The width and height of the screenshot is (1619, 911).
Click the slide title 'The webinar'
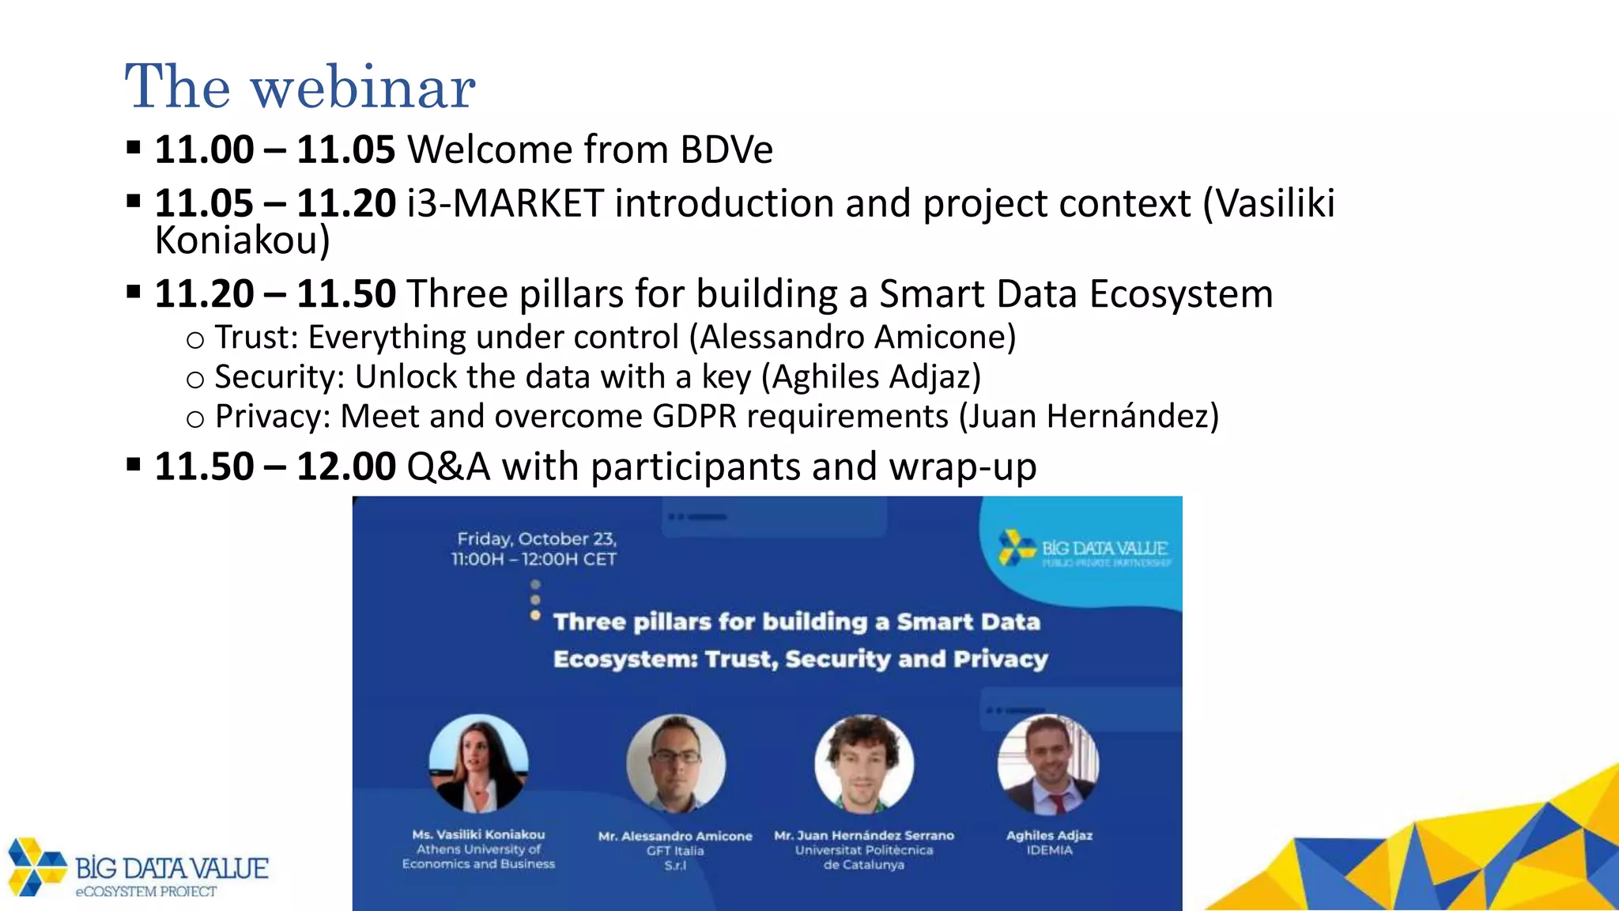300,86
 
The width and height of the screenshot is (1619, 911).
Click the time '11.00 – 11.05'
274,149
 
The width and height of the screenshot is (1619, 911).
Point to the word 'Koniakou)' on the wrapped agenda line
242,240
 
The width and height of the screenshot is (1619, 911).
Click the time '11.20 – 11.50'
274,294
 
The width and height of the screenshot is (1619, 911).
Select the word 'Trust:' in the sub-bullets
256,338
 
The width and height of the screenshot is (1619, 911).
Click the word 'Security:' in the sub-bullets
279,377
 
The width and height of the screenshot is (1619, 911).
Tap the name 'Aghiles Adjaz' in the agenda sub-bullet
876,377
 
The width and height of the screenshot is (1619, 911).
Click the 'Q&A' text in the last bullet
448,467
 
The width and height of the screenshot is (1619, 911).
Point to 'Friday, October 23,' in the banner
537,539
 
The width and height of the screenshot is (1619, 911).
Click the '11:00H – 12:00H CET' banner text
534,559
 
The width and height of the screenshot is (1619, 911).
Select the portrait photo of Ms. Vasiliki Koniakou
478,763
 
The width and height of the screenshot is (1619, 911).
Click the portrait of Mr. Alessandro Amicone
675,763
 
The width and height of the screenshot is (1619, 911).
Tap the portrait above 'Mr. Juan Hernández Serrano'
864,763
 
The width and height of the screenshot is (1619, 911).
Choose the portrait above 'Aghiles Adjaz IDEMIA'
1048,763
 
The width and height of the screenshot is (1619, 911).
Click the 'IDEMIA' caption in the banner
1049,851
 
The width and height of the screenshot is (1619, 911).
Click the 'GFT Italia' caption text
674,851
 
